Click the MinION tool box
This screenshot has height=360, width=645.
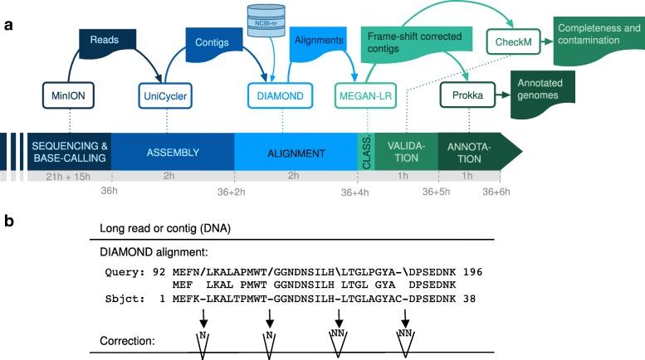tap(71, 95)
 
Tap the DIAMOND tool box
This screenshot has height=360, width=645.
tap(277, 95)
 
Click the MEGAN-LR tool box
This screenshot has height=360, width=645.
tap(366, 95)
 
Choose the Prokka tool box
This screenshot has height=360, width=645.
tap(467, 95)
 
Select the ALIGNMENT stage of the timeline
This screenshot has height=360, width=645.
tap(296, 153)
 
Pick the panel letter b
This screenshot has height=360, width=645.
tap(8, 222)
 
